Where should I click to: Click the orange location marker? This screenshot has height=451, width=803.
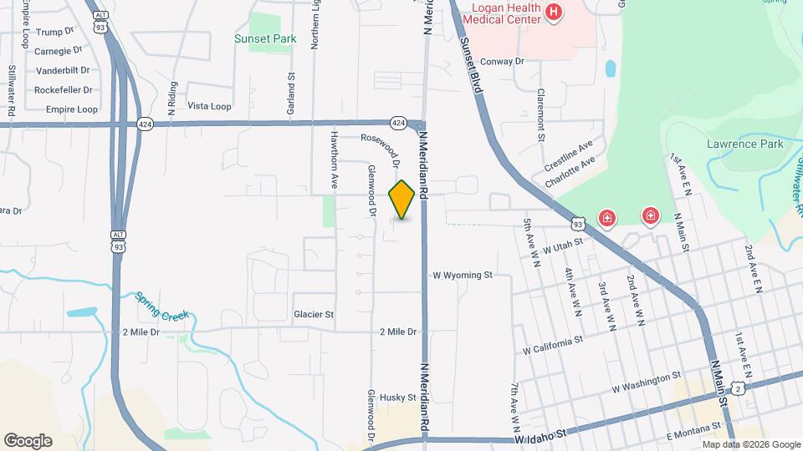402,200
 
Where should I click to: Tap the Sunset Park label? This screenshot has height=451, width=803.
265,38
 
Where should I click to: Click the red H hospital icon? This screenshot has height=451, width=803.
553,12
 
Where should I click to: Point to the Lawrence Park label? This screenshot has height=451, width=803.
744,144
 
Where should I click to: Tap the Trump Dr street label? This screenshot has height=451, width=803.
56,32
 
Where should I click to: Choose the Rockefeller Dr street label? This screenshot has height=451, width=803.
63,90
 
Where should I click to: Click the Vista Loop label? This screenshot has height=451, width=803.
209,106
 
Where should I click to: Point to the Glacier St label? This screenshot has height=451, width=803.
314,315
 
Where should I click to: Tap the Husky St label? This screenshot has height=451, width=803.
397,398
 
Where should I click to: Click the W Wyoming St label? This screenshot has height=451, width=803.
463,275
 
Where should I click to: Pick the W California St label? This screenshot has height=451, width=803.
552,343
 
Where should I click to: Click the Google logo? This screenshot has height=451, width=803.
28,441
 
